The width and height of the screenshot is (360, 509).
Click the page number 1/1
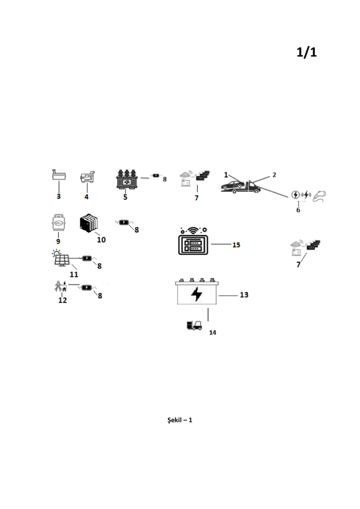pos(306,52)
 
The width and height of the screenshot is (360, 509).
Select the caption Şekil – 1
pos(180,420)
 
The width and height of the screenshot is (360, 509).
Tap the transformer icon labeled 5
pos(127,179)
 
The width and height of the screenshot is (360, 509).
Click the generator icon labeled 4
pos(88,177)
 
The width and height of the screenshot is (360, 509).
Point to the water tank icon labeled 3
pos(59,174)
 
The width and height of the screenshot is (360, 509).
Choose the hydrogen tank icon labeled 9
pos(59,222)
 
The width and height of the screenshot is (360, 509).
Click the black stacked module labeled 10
pos(89,223)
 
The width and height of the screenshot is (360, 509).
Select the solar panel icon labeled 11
pos(62,258)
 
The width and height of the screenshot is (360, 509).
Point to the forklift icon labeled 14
pos(194,325)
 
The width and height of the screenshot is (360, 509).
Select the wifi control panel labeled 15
pos(193,241)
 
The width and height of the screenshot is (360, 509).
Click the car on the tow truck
pos(233,185)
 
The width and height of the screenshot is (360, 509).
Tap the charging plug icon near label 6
pos(319,196)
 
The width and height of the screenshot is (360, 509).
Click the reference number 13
pos(244,295)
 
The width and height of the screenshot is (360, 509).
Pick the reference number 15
pos(236,245)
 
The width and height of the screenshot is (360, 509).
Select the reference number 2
pos(274,175)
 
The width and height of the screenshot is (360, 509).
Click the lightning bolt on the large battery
pos(196,294)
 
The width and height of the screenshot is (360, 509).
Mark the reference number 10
pos(101,240)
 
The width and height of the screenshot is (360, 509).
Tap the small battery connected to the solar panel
pos(87,258)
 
